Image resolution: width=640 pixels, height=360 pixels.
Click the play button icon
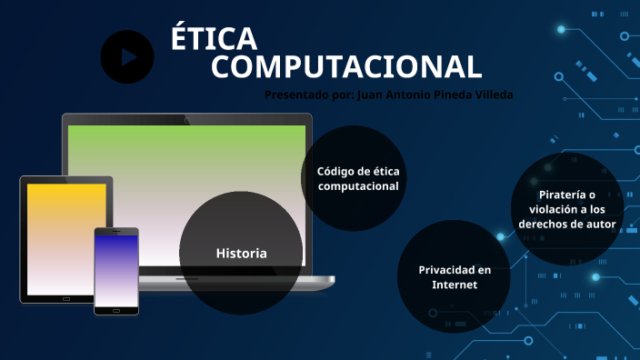tap(127, 56)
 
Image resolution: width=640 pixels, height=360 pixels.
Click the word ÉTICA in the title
tap(214, 39)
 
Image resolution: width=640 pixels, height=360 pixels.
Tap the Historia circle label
tap(241, 253)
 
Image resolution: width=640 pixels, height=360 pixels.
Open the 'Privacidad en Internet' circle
tap(454, 276)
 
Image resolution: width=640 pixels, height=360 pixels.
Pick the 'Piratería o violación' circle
tap(566, 208)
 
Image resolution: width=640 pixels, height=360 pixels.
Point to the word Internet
tap(455, 285)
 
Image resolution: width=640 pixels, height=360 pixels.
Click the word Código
tap(335, 171)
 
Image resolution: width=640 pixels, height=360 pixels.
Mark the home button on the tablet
tap(65, 298)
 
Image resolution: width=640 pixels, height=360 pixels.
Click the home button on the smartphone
tap(116, 309)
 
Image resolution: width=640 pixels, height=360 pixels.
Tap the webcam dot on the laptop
tap(186, 119)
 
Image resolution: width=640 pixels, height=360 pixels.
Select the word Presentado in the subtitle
tap(295, 94)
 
